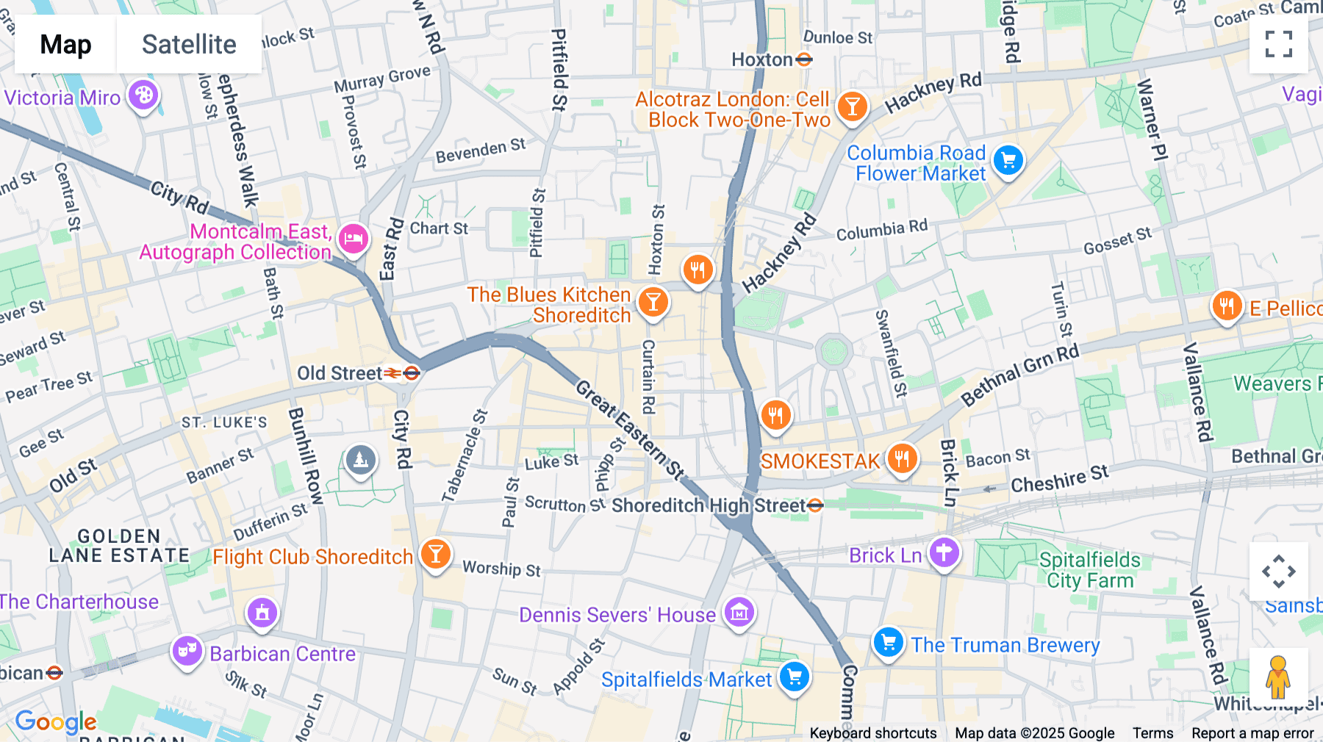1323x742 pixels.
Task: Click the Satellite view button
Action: click(189, 45)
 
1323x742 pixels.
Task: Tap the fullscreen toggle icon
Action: click(1278, 44)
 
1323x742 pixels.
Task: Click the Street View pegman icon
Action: click(1278, 677)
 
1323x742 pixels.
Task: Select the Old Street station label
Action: click(340, 373)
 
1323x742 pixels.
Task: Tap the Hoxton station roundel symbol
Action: click(804, 60)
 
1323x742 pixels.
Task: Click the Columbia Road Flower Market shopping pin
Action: click(1008, 160)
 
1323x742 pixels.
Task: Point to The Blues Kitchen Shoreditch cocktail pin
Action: click(653, 301)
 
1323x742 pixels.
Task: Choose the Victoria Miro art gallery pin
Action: click(143, 95)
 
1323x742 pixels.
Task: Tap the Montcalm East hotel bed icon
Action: click(353, 238)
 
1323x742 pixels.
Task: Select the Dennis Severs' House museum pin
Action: click(739, 611)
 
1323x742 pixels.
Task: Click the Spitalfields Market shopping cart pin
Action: click(795, 677)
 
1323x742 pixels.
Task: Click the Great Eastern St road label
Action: click(629, 431)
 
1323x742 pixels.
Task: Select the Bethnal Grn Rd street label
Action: click(1020, 375)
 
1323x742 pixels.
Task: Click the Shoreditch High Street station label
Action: click(709, 505)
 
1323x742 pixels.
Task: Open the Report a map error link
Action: click(1252, 733)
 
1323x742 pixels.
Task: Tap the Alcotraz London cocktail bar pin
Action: click(852, 107)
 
